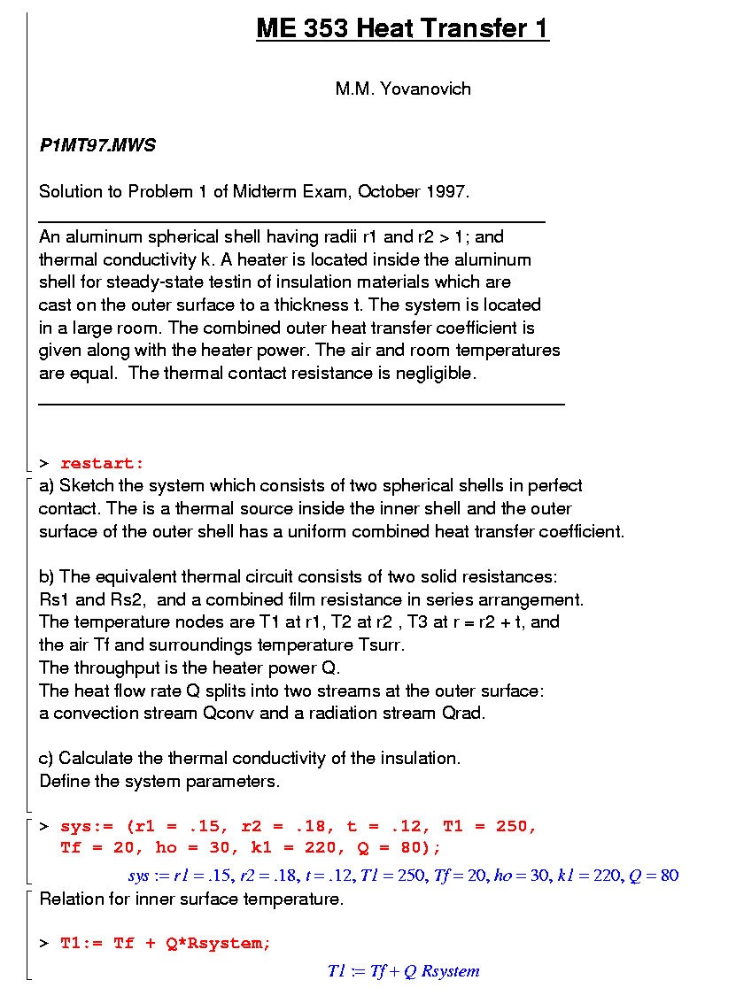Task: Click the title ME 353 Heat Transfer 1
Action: point(403,29)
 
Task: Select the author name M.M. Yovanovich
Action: point(403,89)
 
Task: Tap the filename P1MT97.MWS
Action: point(97,145)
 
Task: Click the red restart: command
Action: point(102,463)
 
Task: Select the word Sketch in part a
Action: point(87,485)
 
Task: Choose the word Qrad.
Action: point(462,713)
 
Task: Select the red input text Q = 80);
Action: point(397,848)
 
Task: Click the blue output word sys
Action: point(138,876)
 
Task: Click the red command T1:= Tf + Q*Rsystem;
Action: point(166,943)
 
